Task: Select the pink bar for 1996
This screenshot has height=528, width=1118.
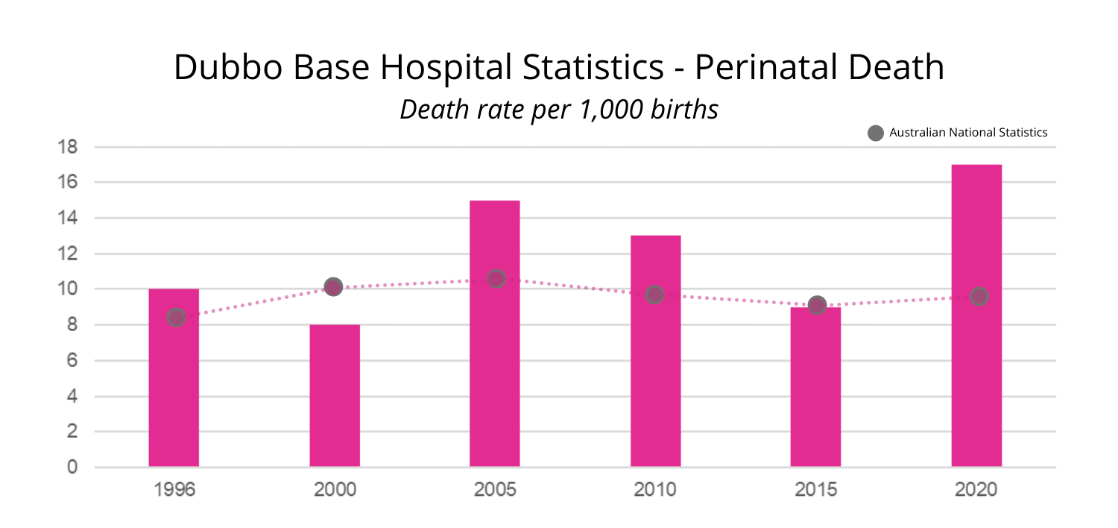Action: tap(174, 388)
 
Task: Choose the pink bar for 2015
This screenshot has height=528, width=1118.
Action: tap(816, 395)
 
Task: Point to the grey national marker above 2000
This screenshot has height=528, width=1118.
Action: tap(333, 286)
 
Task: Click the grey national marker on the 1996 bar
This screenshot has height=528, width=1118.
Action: tap(176, 317)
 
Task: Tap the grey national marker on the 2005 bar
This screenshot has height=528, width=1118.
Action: tap(496, 278)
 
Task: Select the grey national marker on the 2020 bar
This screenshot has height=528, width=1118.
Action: tap(979, 296)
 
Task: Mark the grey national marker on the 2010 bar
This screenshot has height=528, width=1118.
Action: tap(654, 295)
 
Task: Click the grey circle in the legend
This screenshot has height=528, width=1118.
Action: tap(876, 133)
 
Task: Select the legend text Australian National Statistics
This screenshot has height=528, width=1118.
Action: tap(968, 133)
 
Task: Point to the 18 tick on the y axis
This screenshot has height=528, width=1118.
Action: tap(67, 147)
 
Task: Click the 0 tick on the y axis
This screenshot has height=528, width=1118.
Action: tap(72, 468)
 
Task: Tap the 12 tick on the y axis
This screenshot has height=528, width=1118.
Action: tap(67, 254)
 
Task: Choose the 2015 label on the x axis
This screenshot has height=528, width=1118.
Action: tap(816, 490)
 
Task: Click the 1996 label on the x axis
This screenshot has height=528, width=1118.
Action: tap(174, 490)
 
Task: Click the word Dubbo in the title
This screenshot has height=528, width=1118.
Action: tap(227, 68)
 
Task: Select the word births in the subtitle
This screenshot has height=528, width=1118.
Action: tap(685, 110)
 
